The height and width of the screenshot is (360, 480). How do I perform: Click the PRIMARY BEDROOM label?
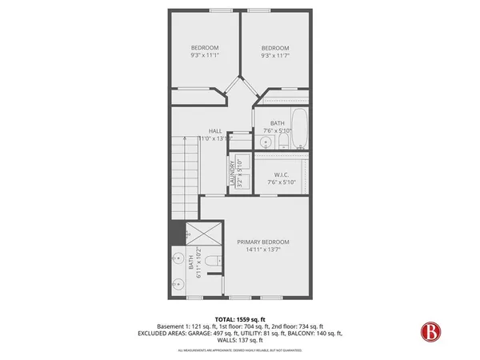[x=263, y=242]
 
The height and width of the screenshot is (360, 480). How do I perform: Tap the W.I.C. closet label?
[x=281, y=174]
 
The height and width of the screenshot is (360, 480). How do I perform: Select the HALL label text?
[x=215, y=130]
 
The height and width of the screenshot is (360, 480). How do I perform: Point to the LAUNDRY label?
[x=232, y=174]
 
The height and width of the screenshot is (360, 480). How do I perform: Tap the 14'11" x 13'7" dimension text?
[x=263, y=250]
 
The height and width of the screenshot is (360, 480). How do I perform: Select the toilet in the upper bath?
[x=282, y=142]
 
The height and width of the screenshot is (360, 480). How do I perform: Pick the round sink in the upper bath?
[x=265, y=142]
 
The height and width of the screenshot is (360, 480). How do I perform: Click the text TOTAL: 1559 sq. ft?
[x=240, y=318]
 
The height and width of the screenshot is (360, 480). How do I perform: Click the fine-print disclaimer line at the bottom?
[x=239, y=350]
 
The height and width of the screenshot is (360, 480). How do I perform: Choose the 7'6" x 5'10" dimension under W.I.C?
[x=281, y=183]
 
